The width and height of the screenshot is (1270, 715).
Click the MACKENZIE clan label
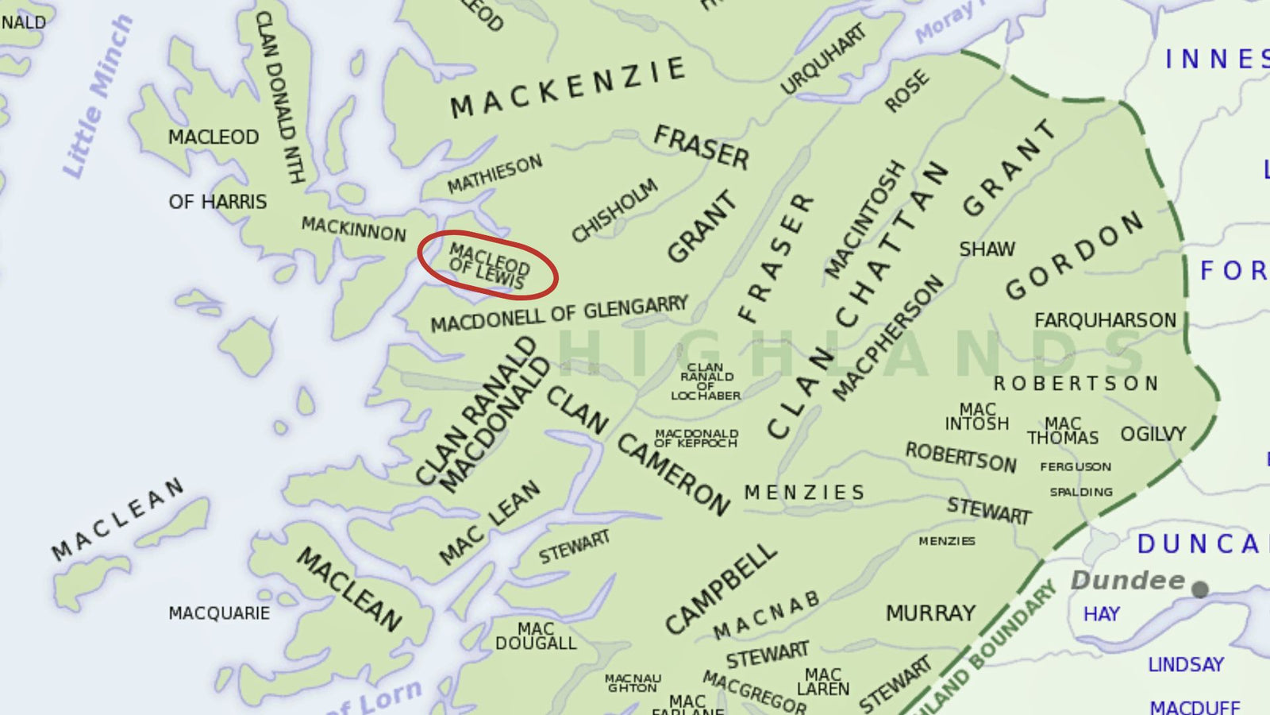pyautogui.click(x=567, y=87)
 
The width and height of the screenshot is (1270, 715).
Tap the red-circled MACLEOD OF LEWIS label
pyautogui.click(x=488, y=266)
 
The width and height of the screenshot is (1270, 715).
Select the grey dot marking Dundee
pyautogui.click(x=1200, y=589)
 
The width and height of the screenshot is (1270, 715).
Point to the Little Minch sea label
pyautogui.click(x=97, y=97)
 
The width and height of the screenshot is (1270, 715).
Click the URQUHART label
pyautogui.click(x=822, y=59)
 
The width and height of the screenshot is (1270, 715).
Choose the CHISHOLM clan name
pyautogui.click(x=614, y=209)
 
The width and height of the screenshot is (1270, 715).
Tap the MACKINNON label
pyautogui.click(x=353, y=229)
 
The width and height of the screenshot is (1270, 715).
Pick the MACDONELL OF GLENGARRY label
pyautogui.click(x=559, y=315)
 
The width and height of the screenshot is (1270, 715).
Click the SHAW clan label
pyautogui.click(x=987, y=249)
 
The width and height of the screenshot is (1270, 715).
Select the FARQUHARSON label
pyautogui.click(x=1105, y=320)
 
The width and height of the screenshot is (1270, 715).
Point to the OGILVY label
pyautogui.click(x=1153, y=434)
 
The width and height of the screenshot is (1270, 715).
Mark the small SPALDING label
pyautogui.click(x=1081, y=492)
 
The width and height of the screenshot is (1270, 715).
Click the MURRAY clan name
pyautogui.click(x=930, y=613)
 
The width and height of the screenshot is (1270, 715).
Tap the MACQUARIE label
pyautogui.click(x=219, y=613)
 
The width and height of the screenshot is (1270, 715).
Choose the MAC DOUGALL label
pyautogui.click(x=536, y=636)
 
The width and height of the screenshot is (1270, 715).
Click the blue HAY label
pyautogui.click(x=1101, y=614)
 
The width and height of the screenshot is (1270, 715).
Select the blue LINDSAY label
pyautogui.click(x=1186, y=664)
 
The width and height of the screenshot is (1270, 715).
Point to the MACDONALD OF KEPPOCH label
pyautogui.click(x=696, y=439)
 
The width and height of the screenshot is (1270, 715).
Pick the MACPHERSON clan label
pyautogui.click(x=887, y=338)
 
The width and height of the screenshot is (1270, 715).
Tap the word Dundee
pyautogui.click(x=1127, y=581)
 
